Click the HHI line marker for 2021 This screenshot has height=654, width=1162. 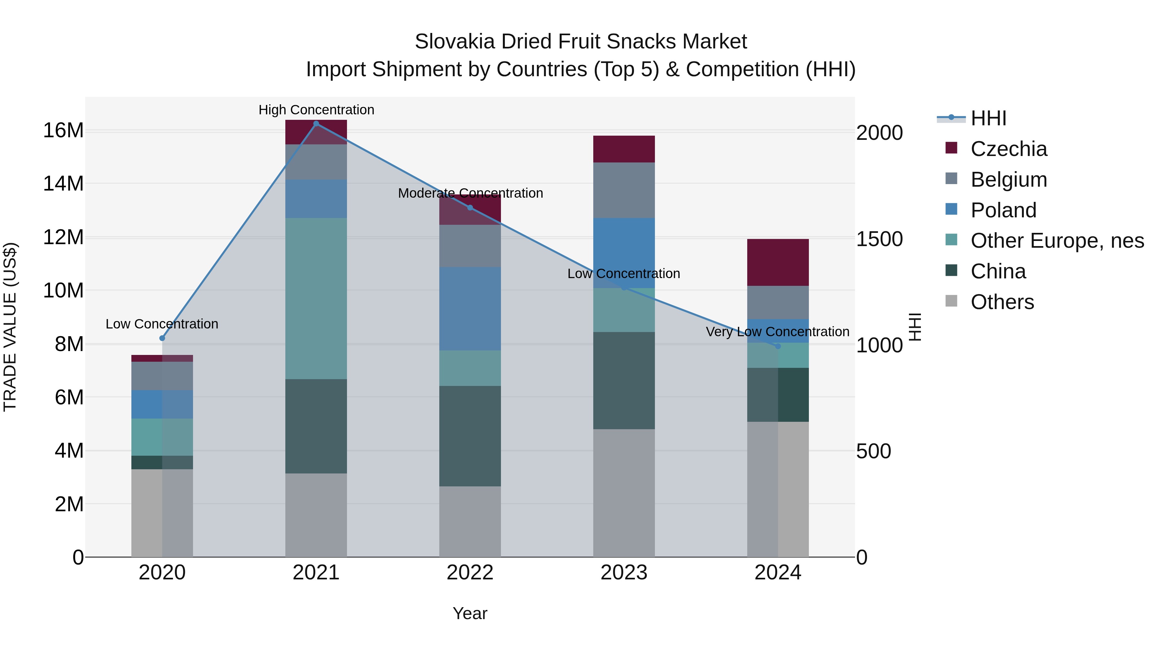[316, 124]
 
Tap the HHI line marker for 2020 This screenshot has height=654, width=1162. [162, 338]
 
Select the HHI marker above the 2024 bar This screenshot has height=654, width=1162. [778, 346]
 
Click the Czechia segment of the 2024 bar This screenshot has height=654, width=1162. [778, 262]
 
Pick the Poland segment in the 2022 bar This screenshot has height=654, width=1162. [470, 309]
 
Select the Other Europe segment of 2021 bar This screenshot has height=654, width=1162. [316, 298]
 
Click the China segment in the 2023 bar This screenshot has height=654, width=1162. [624, 380]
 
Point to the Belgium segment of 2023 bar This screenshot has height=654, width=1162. [624, 190]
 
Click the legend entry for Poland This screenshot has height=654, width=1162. [1003, 210]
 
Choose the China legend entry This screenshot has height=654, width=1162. [998, 271]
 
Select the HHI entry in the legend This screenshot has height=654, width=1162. [988, 118]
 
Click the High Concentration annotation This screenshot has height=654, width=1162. [316, 110]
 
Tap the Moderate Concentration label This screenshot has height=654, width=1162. [470, 193]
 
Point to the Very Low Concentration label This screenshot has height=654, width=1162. [777, 332]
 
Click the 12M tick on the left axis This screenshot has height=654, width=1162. [63, 237]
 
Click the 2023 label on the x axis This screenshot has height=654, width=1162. [624, 573]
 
